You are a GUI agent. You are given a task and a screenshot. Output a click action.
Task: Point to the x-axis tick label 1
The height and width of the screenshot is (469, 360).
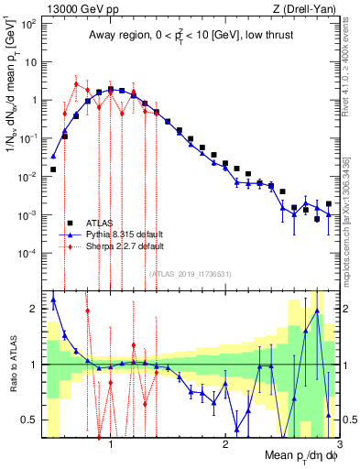coord(111,446)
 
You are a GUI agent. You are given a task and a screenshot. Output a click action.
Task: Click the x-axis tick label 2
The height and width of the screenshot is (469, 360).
coord(224,446)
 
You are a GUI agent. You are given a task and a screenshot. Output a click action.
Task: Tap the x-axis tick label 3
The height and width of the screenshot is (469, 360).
coord(338,446)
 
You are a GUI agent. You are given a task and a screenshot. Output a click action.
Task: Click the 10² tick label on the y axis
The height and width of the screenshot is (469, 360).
coord(29,24)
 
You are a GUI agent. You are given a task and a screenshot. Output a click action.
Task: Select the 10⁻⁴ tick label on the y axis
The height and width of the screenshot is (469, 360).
coord(27,253)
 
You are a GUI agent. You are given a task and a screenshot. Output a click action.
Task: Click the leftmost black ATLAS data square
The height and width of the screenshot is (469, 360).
coord(53,169)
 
